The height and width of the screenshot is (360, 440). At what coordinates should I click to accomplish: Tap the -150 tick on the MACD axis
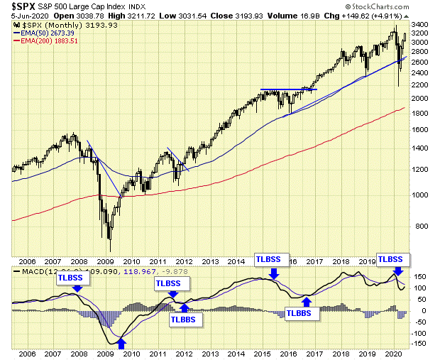tap(418, 344)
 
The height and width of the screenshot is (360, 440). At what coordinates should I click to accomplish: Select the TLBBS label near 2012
tap(185, 320)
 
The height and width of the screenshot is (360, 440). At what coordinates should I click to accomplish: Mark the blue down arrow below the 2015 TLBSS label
tap(275, 273)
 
